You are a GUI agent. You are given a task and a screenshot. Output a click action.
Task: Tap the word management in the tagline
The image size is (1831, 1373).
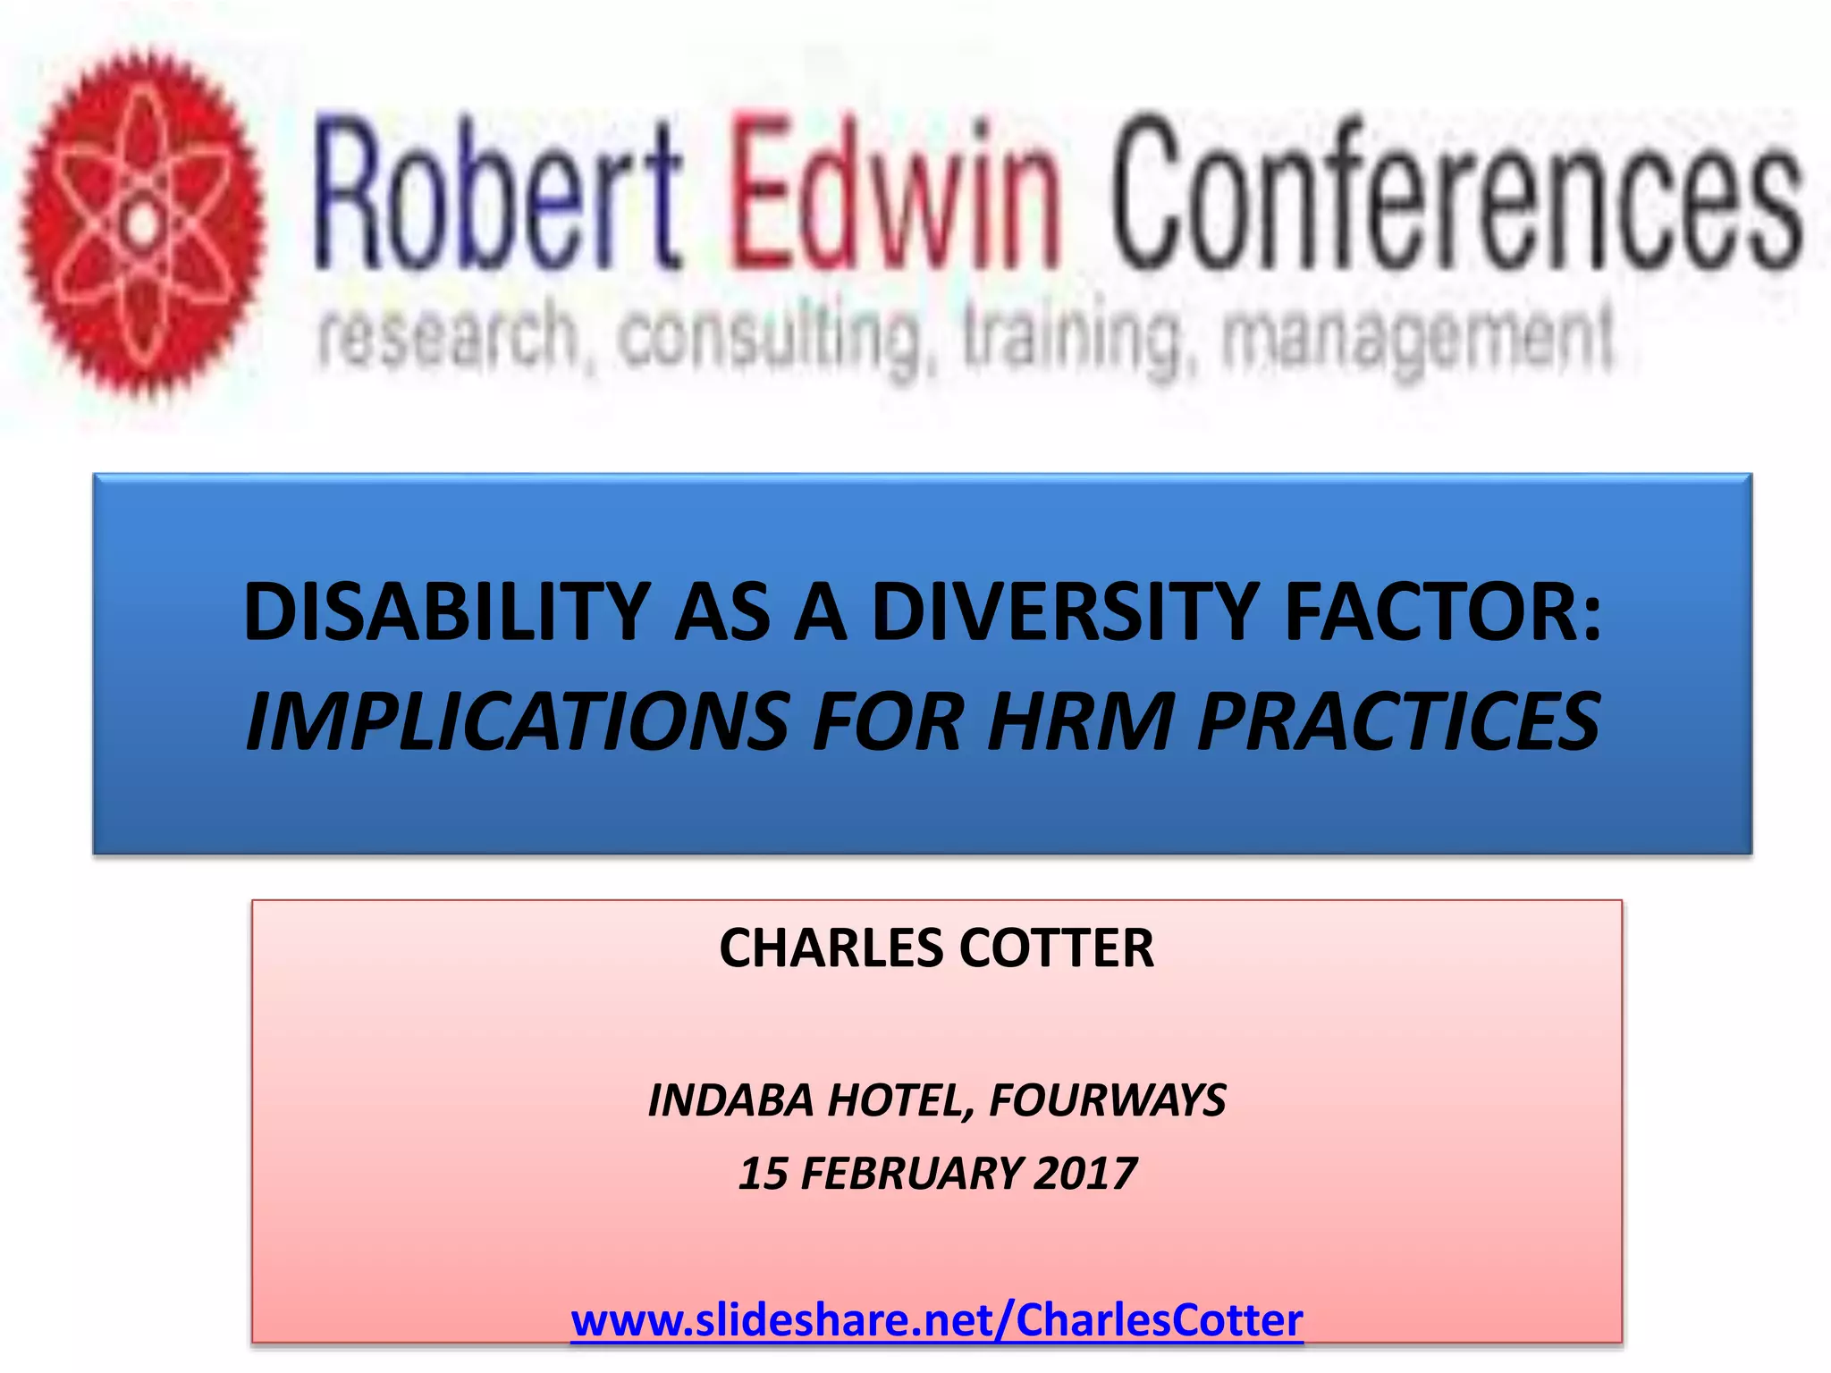click(x=1417, y=340)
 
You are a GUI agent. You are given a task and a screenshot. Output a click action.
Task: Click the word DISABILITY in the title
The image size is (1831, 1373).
click(x=446, y=612)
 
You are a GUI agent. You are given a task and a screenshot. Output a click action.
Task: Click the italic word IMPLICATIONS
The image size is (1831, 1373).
click(x=518, y=722)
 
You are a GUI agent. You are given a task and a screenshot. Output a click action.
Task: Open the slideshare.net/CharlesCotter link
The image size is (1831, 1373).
click(x=936, y=1320)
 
